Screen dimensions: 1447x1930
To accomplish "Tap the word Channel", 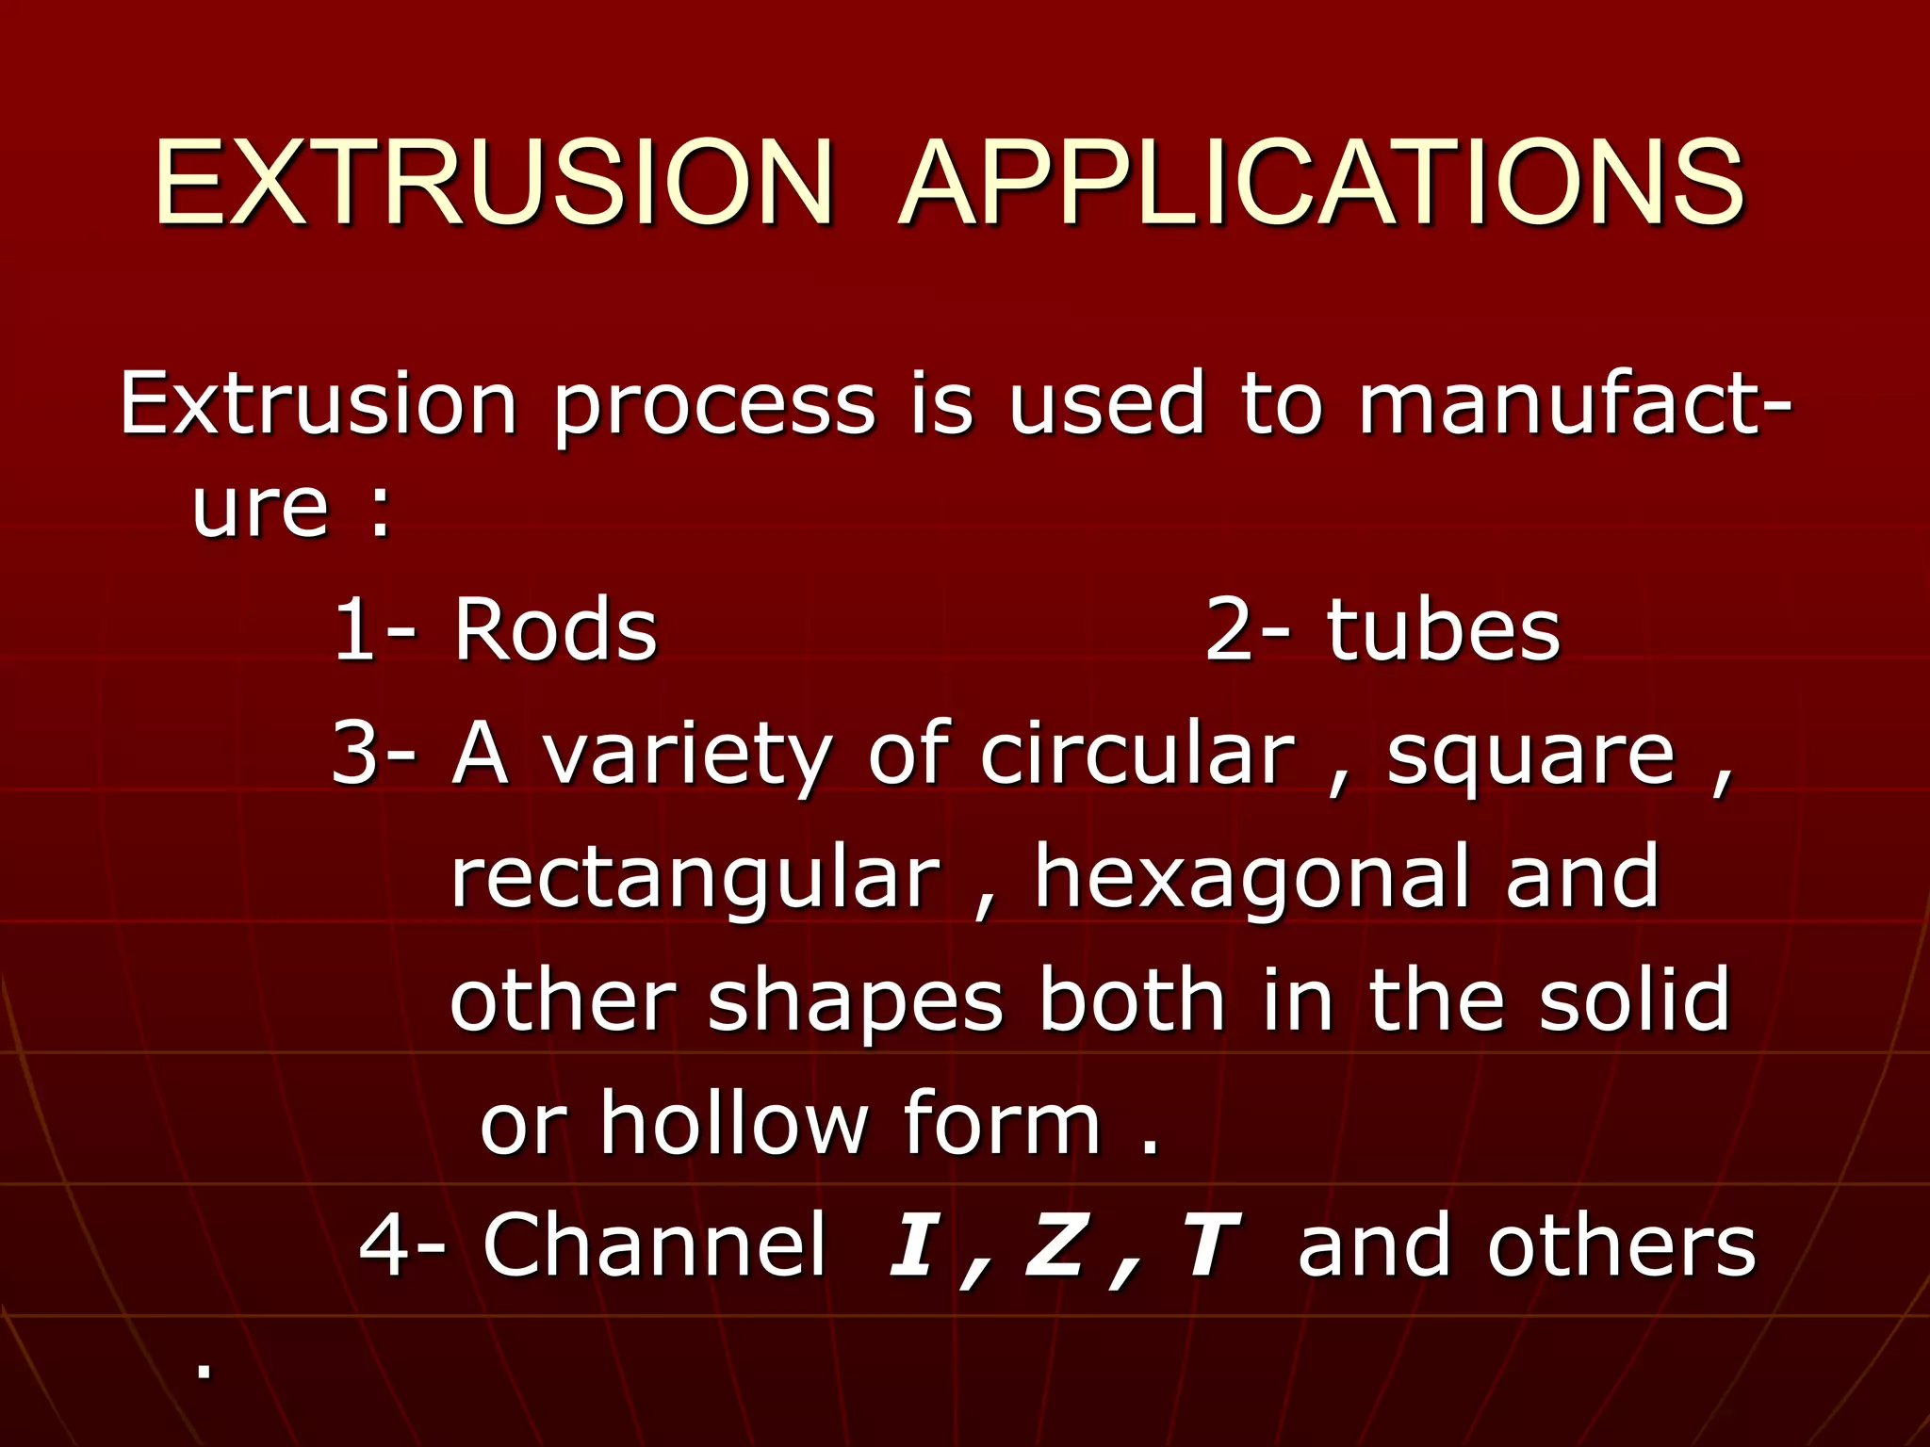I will click(655, 1245).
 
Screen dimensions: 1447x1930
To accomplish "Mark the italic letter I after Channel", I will click(911, 1245).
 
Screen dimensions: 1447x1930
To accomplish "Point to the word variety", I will click(688, 756).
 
